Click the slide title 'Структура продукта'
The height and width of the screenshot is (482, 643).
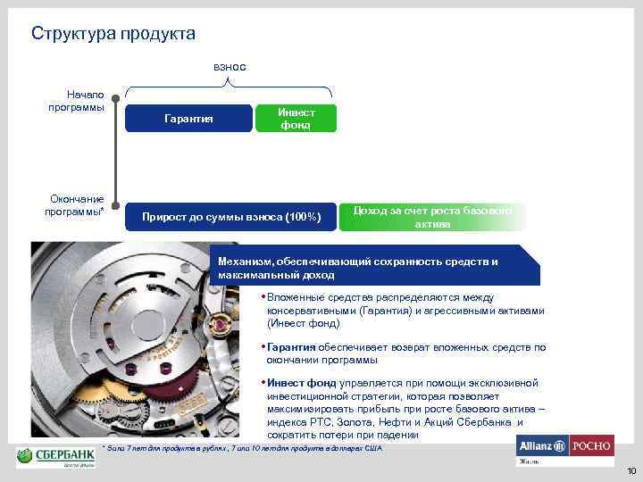(x=113, y=34)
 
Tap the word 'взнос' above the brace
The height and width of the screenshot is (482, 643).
(x=230, y=67)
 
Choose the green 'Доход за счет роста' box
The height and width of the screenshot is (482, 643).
(x=433, y=217)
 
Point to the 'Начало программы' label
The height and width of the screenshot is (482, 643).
(x=76, y=101)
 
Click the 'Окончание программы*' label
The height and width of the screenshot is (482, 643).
(x=76, y=205)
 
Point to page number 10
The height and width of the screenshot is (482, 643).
(x=631, y=471)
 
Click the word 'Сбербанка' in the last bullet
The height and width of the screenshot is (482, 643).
(x=487, y=422)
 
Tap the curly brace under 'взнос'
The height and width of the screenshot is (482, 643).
(x=230, y=87)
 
